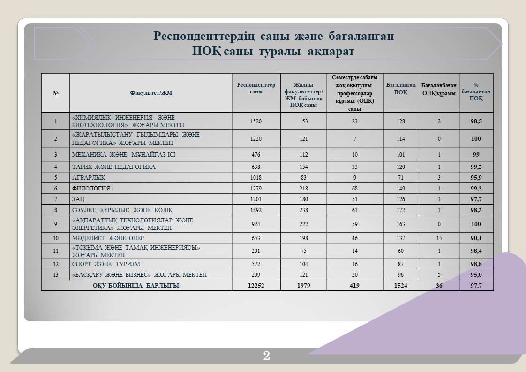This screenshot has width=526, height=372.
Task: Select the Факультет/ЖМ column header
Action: point(151,93)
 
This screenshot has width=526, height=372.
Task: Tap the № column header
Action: point(55,93)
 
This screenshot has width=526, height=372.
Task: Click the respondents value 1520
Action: point(256,121)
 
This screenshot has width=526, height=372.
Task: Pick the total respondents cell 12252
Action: point(256,285)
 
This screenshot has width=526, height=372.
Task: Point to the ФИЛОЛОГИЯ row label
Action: point(91,188)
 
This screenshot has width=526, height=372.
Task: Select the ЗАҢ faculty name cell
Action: point(78,199)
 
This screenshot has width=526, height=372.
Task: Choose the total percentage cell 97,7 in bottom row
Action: point(476,285)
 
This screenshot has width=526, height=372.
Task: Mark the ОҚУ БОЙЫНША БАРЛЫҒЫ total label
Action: point(136,285)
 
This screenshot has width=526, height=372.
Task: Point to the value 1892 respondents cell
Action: point(256,210)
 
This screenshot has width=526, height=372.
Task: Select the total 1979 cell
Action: point(303,285)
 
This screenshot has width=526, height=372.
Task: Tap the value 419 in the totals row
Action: point(354,285)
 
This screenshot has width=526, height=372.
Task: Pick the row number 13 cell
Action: point(55,274)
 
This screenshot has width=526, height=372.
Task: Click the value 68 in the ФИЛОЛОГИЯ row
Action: point(354,188)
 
